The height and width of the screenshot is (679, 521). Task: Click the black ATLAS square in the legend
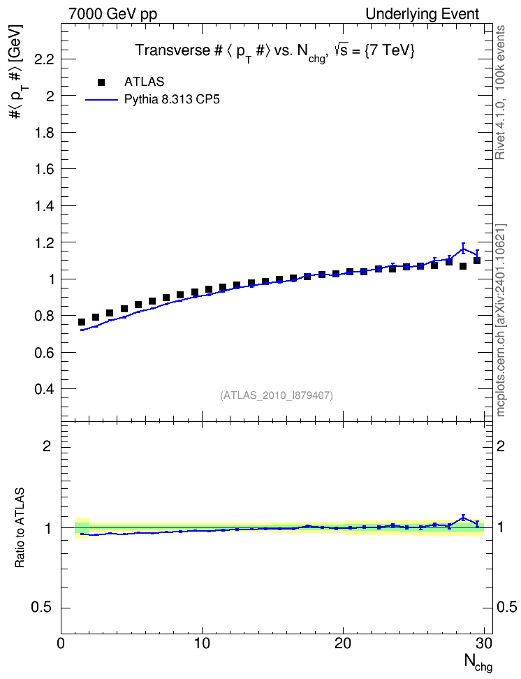coord(101,82)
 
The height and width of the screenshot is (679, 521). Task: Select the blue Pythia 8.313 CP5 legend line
coord(102,100)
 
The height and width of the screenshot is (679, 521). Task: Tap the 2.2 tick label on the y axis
coord(44,59)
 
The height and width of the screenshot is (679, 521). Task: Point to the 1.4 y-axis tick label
coord(44,205)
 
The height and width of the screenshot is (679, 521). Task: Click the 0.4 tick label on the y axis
coord(44,389)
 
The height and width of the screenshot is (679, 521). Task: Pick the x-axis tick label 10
coord(202,643)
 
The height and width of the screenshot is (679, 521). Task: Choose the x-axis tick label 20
coord(343,643)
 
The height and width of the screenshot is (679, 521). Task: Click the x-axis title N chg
coord(478,662)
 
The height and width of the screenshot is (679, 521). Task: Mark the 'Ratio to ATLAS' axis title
coord(20,527)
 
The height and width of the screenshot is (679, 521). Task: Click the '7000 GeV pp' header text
coord(112,14)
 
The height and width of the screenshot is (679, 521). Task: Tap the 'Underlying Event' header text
coord(423,14)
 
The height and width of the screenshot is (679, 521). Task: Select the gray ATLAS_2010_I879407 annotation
coord(277,395)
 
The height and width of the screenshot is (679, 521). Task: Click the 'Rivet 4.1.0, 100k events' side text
coord(500,93)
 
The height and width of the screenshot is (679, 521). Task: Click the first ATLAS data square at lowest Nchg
coord(82,322)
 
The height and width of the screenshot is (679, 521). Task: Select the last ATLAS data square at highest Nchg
coord(477,261)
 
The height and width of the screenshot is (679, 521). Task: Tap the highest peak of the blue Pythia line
coord(463,249)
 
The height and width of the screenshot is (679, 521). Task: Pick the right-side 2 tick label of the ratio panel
coord(501,446)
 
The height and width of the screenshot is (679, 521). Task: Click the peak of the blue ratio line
coord(463,518)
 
